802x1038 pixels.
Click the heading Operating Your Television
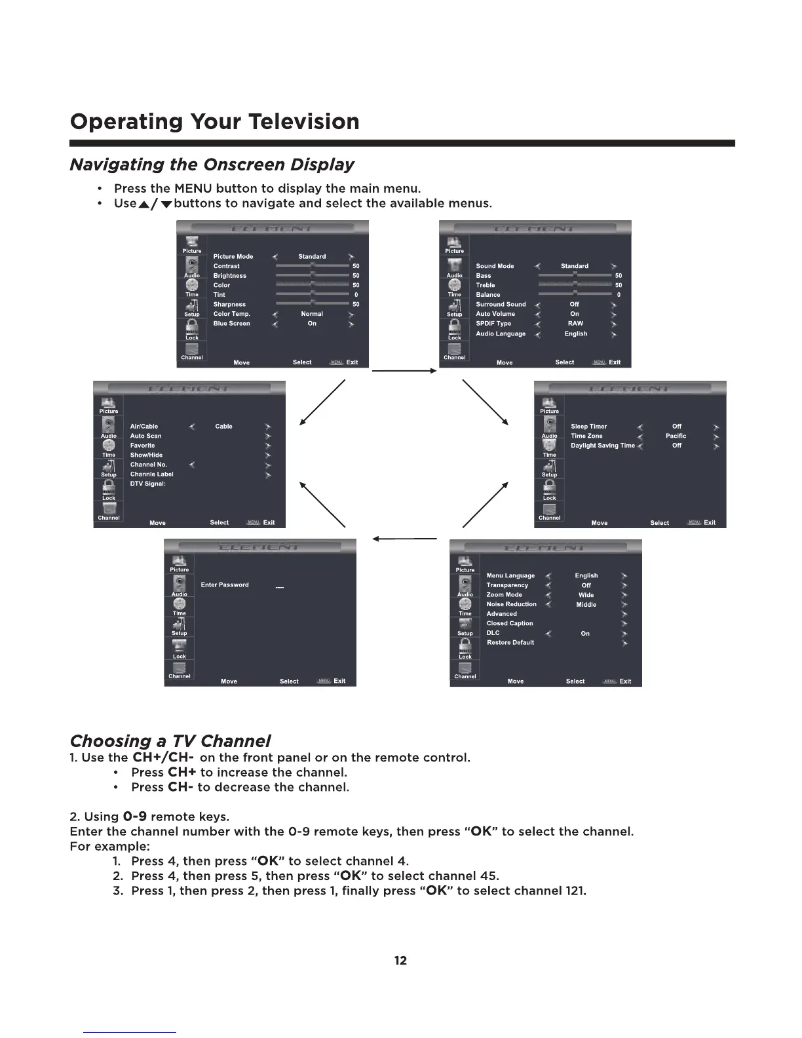[214, 122]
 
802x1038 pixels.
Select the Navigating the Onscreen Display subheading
[212, 164]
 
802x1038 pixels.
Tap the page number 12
[400, 961]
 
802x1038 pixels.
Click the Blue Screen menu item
[231, 324]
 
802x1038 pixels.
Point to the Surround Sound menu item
[501, 305]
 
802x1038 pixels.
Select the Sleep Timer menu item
[588, 427]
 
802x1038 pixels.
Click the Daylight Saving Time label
[602, 446]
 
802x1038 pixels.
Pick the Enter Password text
[225, 585]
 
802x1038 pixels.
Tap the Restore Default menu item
[510, 643]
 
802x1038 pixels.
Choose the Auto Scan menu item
[145, 436]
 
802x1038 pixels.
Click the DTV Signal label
[147, 484]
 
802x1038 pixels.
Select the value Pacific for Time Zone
[676, 436]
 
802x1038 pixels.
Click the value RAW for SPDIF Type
[575, 324]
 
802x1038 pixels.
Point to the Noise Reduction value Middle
[586, 605]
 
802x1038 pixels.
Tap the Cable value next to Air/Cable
[223, 427]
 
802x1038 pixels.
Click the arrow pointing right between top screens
[404, 371]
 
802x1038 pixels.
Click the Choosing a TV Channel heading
[170, 741]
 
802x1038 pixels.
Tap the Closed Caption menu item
[509, 624]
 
